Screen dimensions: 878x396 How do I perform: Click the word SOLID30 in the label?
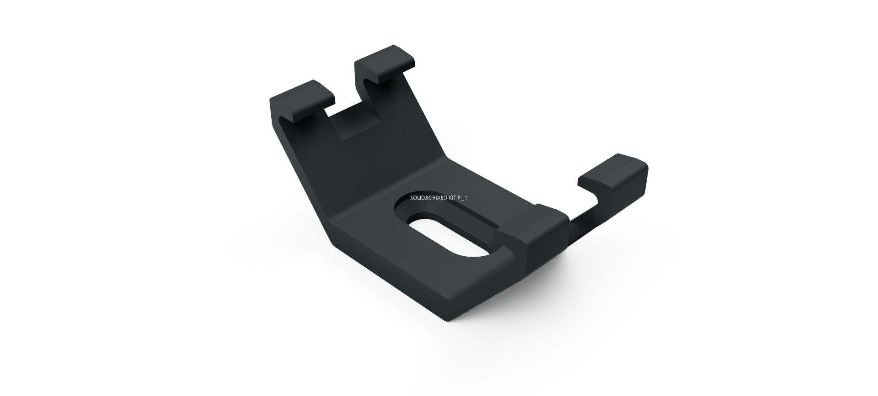click(x=421, y=198)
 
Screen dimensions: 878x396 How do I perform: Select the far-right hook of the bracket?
click(x=615, y=183)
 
